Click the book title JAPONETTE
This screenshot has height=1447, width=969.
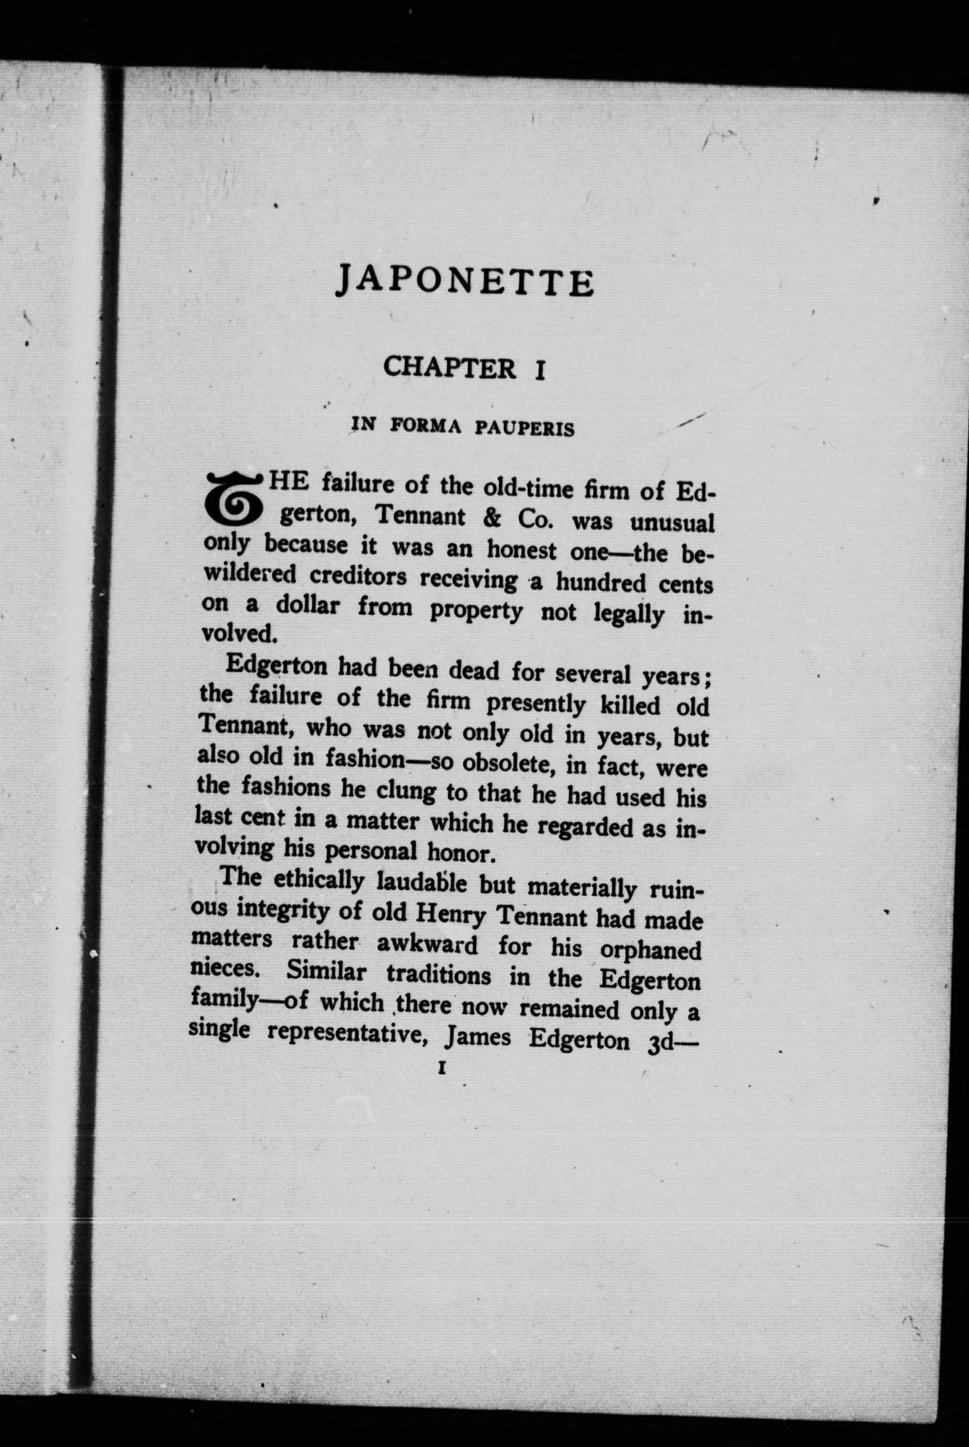point(465,282)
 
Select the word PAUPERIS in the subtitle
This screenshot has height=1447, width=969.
point(525,428)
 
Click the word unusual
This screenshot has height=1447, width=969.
point(672,523)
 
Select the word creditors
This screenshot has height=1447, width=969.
point(358,576)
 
